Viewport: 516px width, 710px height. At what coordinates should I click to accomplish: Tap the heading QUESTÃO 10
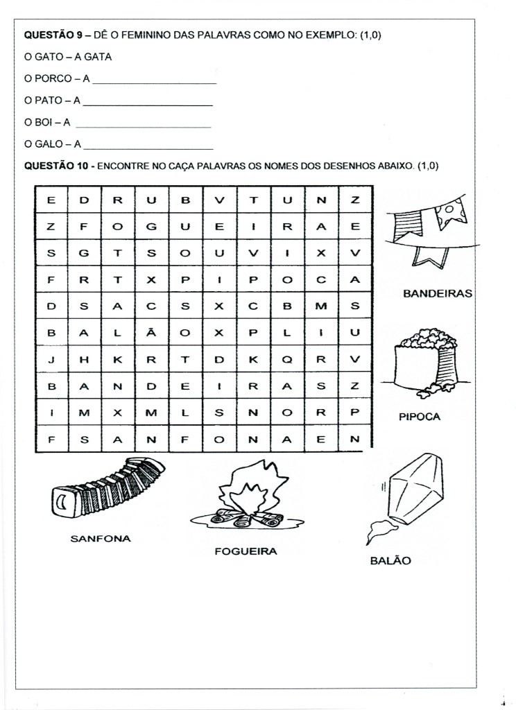coord(56,166)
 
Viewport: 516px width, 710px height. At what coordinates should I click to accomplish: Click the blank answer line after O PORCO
coord(153,82)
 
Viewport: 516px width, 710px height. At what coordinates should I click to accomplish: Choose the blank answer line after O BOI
coord(141,126)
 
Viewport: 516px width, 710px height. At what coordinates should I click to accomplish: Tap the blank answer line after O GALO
coord(147,148)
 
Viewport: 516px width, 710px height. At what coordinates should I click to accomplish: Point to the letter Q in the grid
coord(287,359)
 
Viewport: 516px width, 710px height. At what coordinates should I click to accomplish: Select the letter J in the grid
coord(51,359)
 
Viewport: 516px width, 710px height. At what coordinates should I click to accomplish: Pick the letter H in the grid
coord(85,359)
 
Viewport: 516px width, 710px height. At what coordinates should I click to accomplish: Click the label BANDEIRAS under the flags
coord(437,293)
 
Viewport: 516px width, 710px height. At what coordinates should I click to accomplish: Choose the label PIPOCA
coord(420,417)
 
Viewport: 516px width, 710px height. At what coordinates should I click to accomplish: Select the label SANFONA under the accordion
coord(101,537)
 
